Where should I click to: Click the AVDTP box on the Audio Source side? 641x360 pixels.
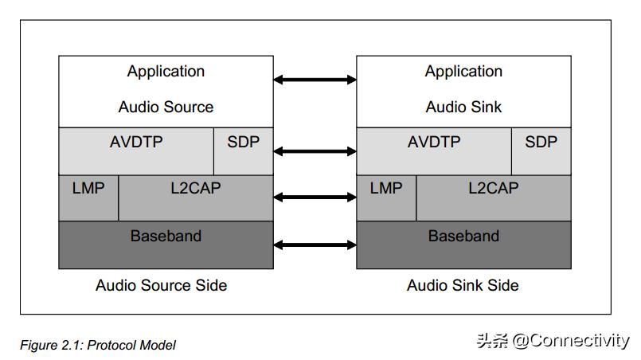click(136, 151)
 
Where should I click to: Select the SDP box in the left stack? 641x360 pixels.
click(244, 151)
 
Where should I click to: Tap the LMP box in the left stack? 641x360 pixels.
click(88, 198)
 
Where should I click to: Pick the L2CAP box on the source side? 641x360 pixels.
click(196, 198)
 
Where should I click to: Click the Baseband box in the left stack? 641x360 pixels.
click(166, 245)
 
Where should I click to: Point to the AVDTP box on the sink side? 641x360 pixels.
click(434, 151)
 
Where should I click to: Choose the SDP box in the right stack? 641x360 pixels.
click(541, 151)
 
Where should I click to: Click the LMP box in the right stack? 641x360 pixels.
click(386, 198)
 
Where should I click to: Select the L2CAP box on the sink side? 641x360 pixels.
click(494, 198)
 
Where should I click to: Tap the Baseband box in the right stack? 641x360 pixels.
click(463, 245)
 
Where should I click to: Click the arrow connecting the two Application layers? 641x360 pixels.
click(315, 80)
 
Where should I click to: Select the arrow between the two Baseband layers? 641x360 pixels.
click(315, 245)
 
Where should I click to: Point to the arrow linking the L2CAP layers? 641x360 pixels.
click(315, 197)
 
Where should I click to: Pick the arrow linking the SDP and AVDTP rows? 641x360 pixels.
click(315, 151)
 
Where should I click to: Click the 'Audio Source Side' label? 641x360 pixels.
click(162, 285)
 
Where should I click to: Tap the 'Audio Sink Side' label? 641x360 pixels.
click(463, 285)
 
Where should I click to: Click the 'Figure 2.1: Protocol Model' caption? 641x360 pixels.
click(98, 345)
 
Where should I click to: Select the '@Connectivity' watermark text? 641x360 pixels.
click(570, 341)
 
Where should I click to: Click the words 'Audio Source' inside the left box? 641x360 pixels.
click(166, 107)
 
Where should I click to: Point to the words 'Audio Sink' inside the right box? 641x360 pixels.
click(463, 107)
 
